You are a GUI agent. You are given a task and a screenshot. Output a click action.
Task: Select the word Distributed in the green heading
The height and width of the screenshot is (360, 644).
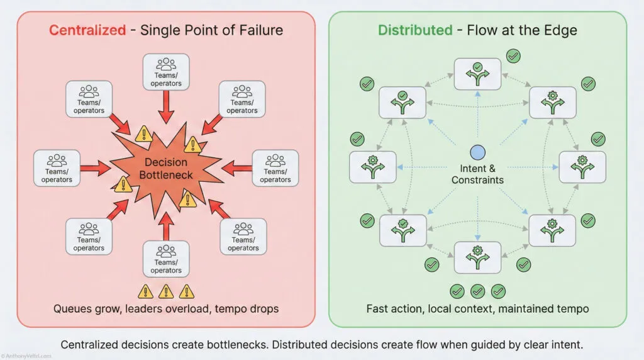[414, 30]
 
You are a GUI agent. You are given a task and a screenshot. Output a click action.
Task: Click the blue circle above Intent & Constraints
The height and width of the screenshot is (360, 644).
[477, 152]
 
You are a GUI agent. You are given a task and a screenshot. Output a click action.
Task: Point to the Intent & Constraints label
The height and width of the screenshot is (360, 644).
[477, 174]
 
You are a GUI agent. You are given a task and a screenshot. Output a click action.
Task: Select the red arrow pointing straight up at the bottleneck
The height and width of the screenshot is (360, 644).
[167, 227]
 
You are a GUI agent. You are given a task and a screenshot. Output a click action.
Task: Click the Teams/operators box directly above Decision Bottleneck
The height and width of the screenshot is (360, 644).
[167, 71]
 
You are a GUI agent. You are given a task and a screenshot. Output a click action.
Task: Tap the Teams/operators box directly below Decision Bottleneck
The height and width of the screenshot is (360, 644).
[167, 259]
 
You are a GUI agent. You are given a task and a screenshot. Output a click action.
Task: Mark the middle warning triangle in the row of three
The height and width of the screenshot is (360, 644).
[166, 291]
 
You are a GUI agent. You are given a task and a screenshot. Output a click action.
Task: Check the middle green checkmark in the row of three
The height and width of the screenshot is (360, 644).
[477, 291]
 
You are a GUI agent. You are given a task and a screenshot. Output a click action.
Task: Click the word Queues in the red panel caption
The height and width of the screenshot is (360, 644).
[72, 309]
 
